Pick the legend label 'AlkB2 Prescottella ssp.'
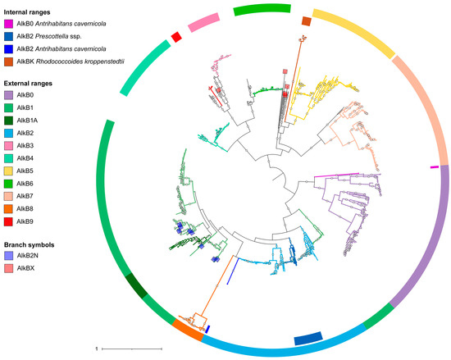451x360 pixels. click(57, 36)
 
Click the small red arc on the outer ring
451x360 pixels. click(175, 34)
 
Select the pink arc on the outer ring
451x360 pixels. click(202, 21)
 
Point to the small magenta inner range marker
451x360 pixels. click(435, 166)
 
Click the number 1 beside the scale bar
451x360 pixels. click(98, 349)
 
